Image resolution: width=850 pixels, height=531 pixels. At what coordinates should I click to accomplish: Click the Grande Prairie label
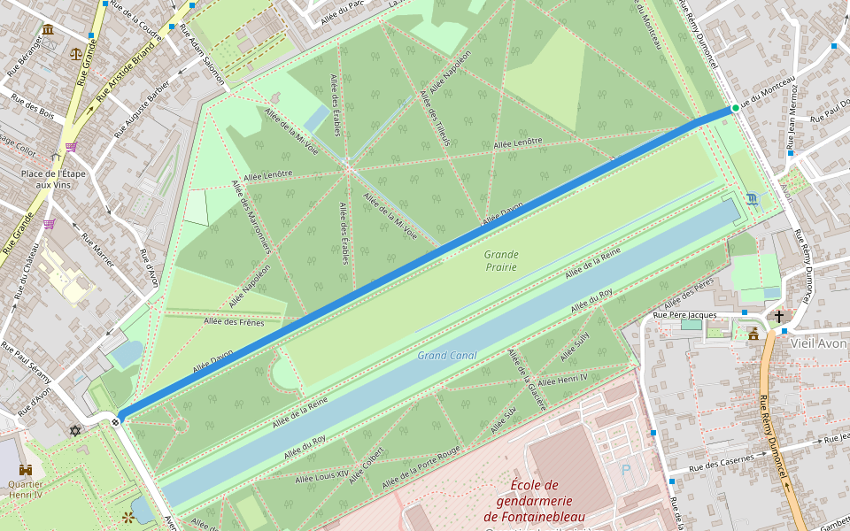point(501,260)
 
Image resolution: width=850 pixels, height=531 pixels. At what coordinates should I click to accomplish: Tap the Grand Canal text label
point(447,356)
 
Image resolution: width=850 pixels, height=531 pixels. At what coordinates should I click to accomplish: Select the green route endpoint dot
point(735,108)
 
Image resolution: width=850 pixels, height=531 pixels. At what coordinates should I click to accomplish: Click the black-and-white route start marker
point(118,422)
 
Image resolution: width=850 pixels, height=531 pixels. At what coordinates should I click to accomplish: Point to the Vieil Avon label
point(819,342)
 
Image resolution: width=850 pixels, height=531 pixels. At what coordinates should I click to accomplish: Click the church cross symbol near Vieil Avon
point(779,316)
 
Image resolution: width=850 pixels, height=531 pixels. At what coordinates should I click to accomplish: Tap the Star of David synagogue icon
point(75,431)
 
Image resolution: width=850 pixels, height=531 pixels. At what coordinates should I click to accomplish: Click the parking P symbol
point(627,472)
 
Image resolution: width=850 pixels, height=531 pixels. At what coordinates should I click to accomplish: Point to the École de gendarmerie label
point(534,500)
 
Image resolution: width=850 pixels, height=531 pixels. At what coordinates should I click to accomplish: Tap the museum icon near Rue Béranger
point(47,30)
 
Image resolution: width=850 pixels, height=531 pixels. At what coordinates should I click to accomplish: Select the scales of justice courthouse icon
point(74,52)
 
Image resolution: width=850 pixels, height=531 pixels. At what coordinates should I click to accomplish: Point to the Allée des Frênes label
point(234,321)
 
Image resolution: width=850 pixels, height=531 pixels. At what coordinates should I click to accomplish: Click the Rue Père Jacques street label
point(684,315)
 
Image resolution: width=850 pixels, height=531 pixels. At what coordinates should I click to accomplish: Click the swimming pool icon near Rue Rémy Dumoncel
point(753,198)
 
